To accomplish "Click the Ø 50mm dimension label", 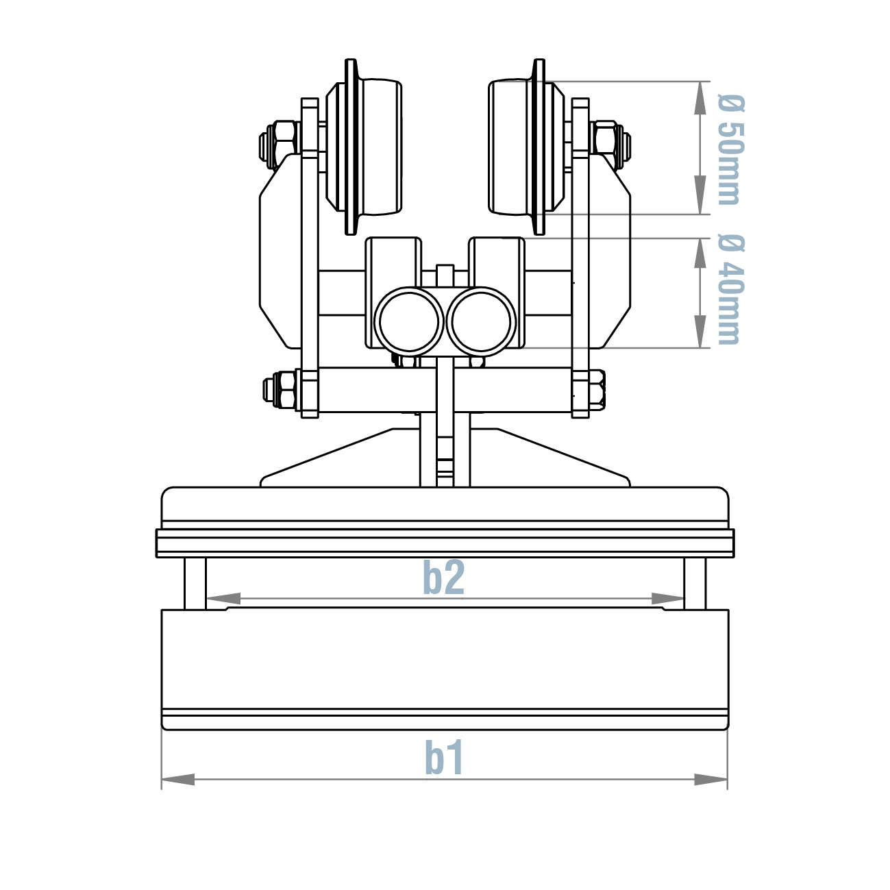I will pos(730,149).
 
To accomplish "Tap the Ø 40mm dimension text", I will pos(730,288).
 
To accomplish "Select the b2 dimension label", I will pos(443,578).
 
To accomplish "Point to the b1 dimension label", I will pos(444,758).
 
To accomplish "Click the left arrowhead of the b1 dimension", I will pos(178,780).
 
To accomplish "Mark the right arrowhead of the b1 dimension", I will pos(711,780).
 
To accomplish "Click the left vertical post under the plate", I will pos(195,583).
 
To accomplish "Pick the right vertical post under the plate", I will pos(695,583).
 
